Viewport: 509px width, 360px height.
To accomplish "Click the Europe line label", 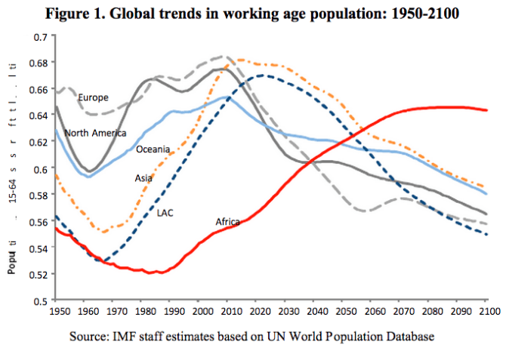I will pyautogui.click(x=94, y=97).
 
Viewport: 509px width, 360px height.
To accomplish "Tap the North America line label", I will pyautogui.click(x=95, y=133).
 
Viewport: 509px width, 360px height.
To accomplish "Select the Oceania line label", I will pyautogui.click(x=153, y=149).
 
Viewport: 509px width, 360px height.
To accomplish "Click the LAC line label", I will pyautogui.click(x=165, y=212).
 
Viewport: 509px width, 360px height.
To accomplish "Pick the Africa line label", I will pyautogui.click(x=227, y=222).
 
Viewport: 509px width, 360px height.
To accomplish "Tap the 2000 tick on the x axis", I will pyautogui.click(x=201, y=311).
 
